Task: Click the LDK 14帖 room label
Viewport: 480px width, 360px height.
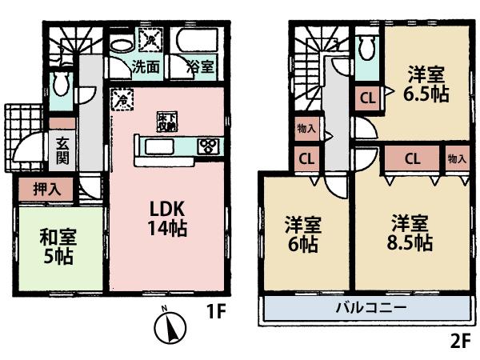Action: pyautogui.click(x=166, y=218)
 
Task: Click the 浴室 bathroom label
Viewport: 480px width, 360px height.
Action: pyautogui.click(x=200, y=67)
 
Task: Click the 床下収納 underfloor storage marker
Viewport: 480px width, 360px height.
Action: pyautogui.click(x=166, y=122)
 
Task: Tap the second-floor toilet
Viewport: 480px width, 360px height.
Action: pyautogui.click(x=368, y=50)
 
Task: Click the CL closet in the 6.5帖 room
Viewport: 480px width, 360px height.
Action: pyautogui.click(x=367, y=99)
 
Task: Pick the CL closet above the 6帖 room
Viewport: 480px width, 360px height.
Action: pyautogui.click(x=306, y=158)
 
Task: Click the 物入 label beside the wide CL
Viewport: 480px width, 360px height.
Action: pyautogui.click(x=457, y=158)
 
